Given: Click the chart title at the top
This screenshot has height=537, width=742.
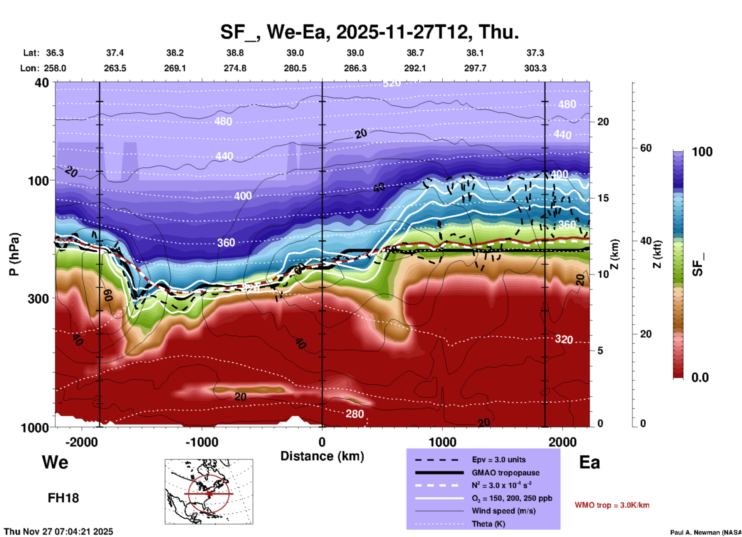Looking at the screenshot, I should [x=369, y=32].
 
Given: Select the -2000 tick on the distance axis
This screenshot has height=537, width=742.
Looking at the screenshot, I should [x=81, y=442].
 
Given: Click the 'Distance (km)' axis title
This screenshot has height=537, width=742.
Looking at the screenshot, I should [x=322, y=456].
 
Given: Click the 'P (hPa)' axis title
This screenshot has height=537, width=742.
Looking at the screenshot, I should [x=14, y=254].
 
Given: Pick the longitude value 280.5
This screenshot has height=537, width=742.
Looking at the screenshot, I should [x=295, y=68].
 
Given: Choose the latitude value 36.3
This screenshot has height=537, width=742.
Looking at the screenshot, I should [x=55, y=53].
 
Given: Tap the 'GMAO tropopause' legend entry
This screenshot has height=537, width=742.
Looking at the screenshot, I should [x=505, y=473].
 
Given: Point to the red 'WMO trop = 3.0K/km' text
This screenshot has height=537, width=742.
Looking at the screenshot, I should [x=612, y=505].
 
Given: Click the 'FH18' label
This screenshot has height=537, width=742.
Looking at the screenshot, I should [x=63, y=498].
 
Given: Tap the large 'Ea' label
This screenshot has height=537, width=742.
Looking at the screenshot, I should [x=589, y=463].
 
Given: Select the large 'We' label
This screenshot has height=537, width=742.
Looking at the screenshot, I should [x=55, y=462].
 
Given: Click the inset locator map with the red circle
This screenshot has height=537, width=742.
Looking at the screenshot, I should [x=209, y=492].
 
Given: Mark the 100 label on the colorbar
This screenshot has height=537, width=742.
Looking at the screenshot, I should [x=702, y=152].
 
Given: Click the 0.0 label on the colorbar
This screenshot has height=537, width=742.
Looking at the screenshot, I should [x=700, y=377].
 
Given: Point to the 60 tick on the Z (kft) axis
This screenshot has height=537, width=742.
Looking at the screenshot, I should [x=645, y=148].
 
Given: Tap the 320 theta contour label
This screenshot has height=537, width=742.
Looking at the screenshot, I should [x=564, y=339].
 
